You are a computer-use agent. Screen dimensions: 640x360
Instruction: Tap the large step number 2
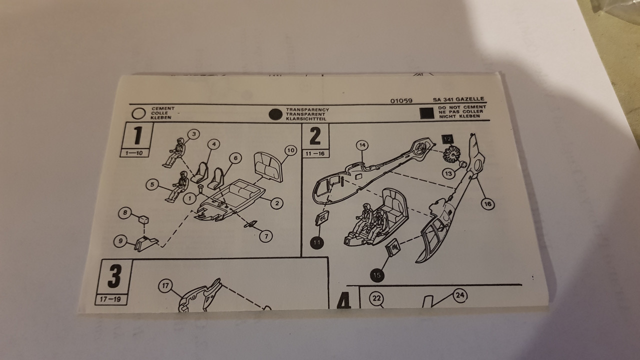(x=315, y=136)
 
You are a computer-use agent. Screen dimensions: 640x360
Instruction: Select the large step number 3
(x=114, y=276)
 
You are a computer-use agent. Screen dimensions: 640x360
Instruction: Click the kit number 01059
(x=401, y=101)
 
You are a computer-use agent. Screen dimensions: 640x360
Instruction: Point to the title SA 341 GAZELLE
(x=458, y=99)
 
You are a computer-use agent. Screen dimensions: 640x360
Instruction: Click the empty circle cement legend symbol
(x=139, y=113)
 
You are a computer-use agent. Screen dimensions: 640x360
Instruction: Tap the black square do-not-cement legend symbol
(x=427, y=113)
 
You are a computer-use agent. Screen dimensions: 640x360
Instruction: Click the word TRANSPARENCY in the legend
(x=307, y=109)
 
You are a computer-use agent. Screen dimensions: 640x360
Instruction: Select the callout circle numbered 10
(x=290, y=150)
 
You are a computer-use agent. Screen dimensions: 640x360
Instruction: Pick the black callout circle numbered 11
(x=317, y=243)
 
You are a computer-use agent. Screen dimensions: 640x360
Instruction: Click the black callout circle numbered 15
(x=377, y=275)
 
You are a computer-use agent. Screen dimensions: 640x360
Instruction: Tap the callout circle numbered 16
(x=487, y=204)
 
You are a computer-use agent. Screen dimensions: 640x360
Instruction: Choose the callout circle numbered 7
(x=266, y=236)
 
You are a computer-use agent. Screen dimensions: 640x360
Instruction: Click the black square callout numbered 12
(x=447, y=139)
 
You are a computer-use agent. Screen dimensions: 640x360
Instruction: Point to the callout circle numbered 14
(x=362, y=145)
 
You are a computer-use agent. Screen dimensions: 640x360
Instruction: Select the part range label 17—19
(x=110, y=299)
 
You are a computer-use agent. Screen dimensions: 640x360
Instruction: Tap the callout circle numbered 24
(x=459, y=295)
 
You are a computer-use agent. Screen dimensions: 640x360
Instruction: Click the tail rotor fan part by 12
(x=451, y=154)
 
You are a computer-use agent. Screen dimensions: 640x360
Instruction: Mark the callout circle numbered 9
(x=120, y=241)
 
